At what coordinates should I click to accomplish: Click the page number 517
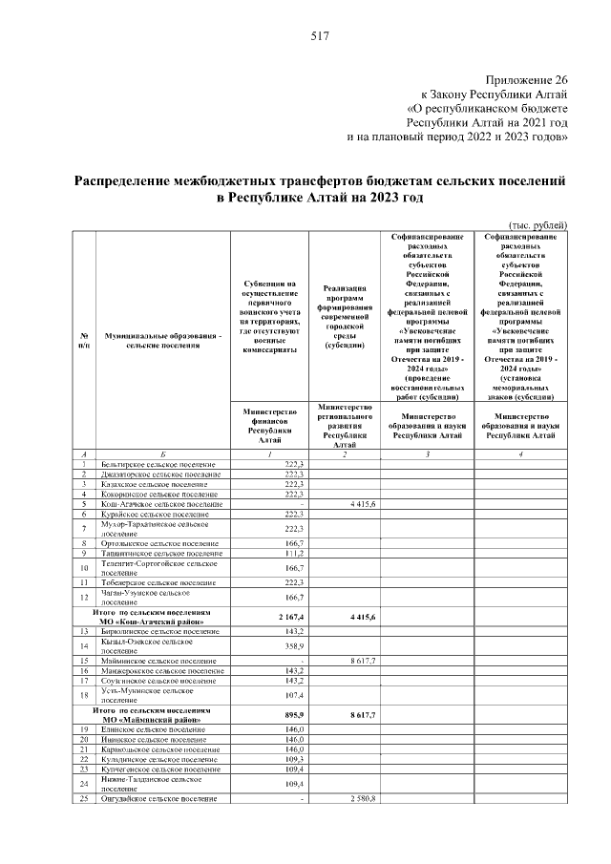(319, 36)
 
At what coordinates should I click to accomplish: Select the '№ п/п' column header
(85, 341)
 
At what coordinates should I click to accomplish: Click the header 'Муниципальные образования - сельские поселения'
(162, 341)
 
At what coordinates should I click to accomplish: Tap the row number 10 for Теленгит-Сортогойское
(85, 568)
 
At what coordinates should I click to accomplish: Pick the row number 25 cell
(85, 797)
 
